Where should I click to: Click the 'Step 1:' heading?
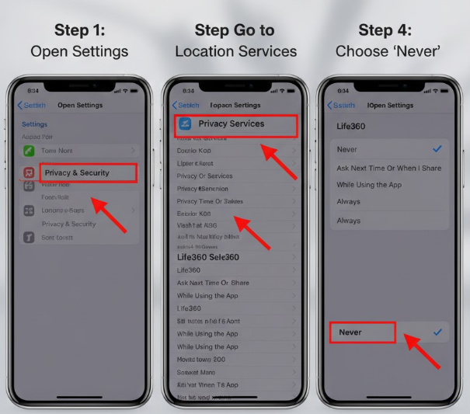78,30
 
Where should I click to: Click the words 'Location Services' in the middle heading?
235,52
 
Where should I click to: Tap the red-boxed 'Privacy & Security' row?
87,172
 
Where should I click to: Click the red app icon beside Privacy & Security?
29,172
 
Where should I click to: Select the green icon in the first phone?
29,150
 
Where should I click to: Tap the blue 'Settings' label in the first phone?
34,124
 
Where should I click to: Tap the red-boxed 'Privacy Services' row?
235,124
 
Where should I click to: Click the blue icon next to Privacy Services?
186,124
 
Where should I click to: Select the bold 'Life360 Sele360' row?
207,257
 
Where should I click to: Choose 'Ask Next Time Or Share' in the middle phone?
213,283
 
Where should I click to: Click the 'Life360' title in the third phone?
351,124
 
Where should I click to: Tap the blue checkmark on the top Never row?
437,148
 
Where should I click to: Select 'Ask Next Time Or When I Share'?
388,168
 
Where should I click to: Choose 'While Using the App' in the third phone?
368,185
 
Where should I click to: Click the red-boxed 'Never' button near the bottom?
361,332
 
